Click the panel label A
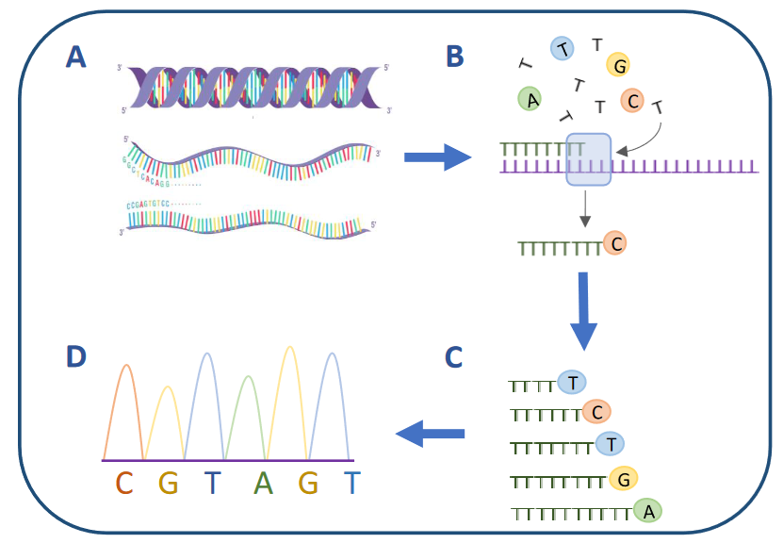[x=75, y=58]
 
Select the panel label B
[x=455, y=58]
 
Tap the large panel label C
[x=453, y=357]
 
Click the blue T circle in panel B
[x=563, y=50]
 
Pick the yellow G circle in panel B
[x=619, y=65]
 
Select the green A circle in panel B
[x=531, y=99]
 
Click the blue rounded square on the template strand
[x=589, y=159]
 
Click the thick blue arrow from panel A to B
[x=435, y=156]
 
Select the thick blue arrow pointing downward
[x=583, y=310]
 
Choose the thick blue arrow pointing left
[x=430, y=434]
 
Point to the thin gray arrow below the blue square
[x=585, y=207]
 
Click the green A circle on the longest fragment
[x=647, y=510]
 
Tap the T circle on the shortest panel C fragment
[x=572, y=382]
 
